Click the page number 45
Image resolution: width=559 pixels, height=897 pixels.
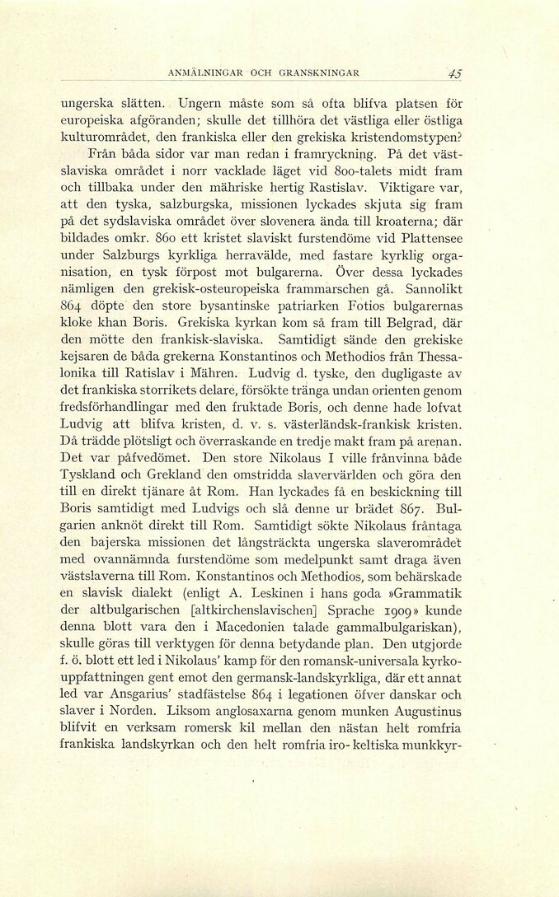(453, 73)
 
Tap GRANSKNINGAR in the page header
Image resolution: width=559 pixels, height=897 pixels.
(319, 73)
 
